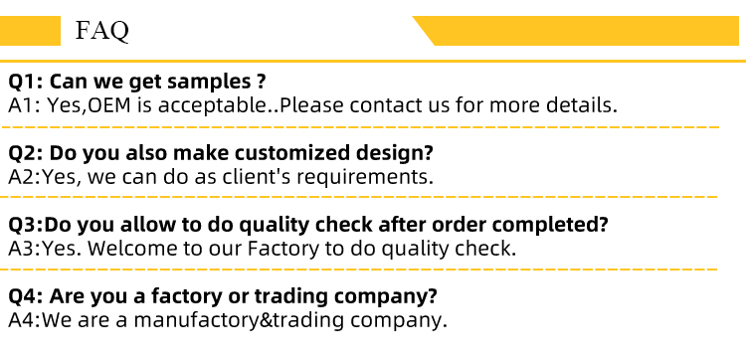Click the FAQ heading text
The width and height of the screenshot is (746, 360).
point(101,31)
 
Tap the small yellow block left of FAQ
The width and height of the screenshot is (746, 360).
point(30,31)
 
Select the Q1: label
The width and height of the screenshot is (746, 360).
point(26,83)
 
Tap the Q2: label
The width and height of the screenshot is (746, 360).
point(26,153)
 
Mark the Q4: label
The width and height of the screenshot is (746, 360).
point(26,296)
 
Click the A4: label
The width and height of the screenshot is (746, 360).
point(25,320)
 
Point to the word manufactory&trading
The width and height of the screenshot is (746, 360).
point(239,320)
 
